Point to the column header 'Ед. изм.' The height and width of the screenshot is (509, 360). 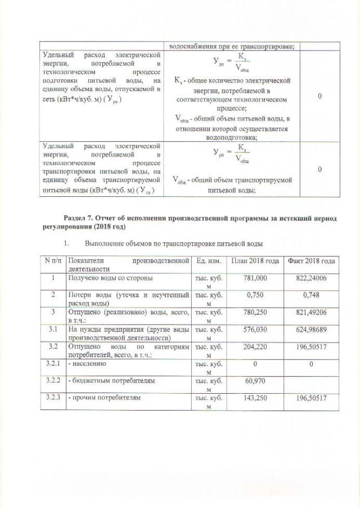pos(209,261)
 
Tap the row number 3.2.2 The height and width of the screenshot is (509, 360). pos(52,381)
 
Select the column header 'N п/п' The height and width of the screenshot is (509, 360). pos(52,261)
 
